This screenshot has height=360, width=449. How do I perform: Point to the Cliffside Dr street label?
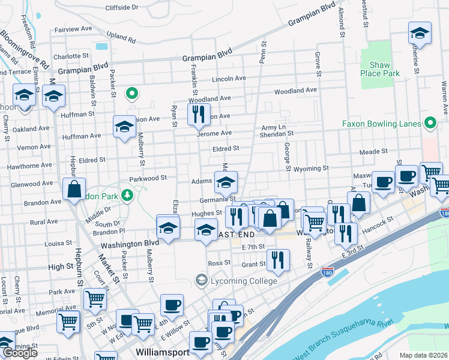(x=122, y=7)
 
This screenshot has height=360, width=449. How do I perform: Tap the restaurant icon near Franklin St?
(x=199, y=113)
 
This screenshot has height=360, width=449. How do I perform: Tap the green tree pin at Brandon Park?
(x=127, y=195)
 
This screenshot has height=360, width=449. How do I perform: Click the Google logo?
(x=20, y=353)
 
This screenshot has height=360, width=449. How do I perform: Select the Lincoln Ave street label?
(x=229, y=79)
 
